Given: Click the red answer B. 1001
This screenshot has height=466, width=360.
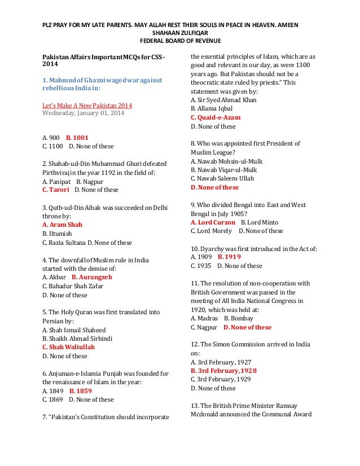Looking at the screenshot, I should click(77, 137).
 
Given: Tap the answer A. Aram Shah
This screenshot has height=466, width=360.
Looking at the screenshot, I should click(63, 225).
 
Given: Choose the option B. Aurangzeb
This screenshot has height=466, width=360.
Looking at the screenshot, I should click(92, 277).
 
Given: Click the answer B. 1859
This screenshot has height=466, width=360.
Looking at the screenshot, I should click(81, 390).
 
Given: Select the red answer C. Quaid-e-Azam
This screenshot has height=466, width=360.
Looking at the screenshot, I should click(216, 117).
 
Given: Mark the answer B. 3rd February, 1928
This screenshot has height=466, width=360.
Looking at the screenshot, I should click(223, 371).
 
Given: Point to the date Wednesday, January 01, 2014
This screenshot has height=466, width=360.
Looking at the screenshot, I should click(84, 113).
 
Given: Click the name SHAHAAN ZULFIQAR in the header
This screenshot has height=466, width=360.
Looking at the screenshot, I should click(180, 33).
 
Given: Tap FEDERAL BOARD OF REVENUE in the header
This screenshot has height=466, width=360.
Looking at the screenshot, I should click(180, 42).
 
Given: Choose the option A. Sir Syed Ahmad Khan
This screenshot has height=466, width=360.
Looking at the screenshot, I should click(223, 100).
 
